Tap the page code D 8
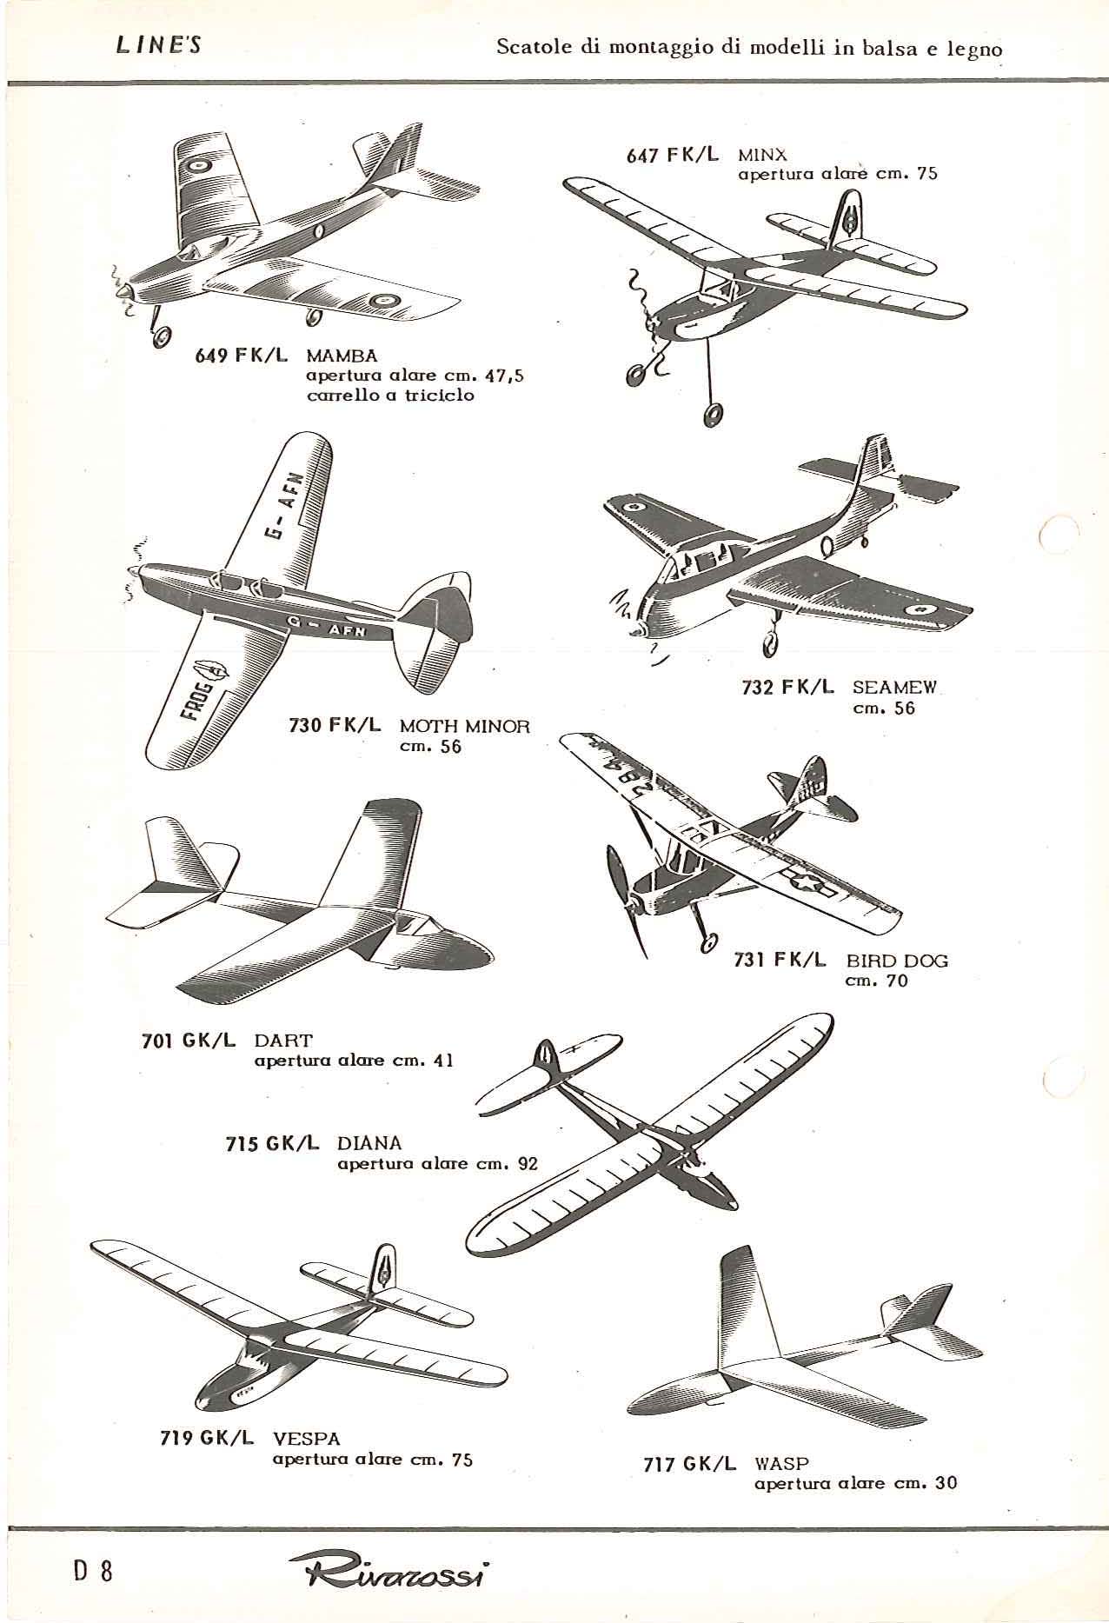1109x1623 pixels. pos(93,1571)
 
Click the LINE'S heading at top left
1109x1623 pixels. pos(158,46)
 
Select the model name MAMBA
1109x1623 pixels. pos(342,356)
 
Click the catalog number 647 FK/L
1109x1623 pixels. pos(673,155)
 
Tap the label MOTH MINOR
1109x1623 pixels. pos(464,726)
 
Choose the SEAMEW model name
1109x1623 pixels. pos(894,687)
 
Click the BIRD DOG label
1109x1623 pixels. pos(897,961)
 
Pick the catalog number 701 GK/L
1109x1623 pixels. pos(189,1040)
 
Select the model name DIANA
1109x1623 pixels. pos(369,1143)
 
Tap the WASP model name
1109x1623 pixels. pos(781,1463)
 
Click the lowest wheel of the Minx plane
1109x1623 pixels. pos(715,415)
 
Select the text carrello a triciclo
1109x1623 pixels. pos(390,395)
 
